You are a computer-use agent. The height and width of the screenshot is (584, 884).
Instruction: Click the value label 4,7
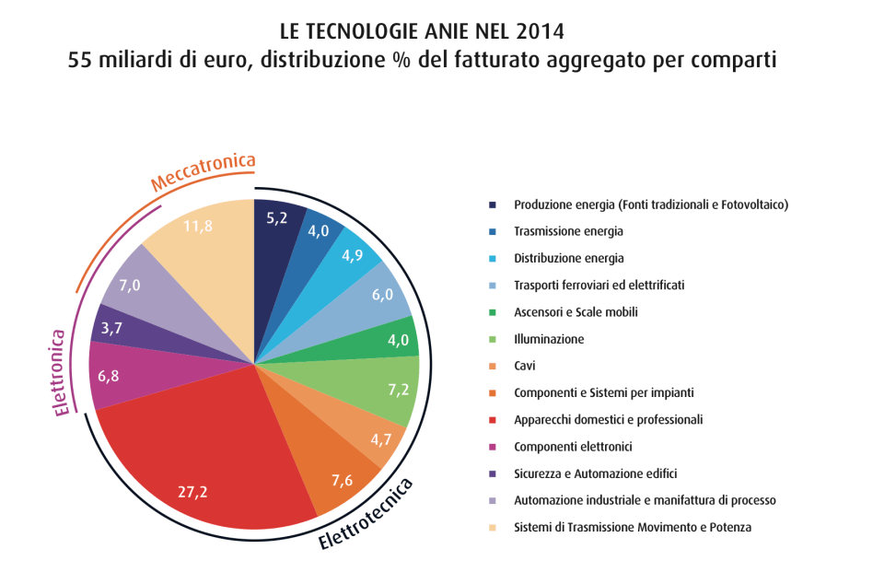pyautogui.click(x=380, y=438)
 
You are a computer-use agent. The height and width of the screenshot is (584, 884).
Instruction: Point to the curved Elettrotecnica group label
pyautogui.click(x=366, y=515)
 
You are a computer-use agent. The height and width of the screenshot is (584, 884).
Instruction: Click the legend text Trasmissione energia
pyautogui.click(x=568, y=231)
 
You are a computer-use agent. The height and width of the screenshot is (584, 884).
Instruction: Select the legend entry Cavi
pyautogui.click(x=525, y=366)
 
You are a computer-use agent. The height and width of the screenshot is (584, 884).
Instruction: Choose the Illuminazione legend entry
pyautogui.click(x=549, y=339)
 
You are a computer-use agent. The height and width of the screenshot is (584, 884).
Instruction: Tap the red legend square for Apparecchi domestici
pyautogui.click(x=494, y=420)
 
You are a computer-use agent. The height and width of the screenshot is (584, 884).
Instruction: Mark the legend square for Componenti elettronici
pyautogui.click(x=494, y=447)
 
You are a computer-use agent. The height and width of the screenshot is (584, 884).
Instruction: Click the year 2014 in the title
pyautogui.click(x=543, y=33)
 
